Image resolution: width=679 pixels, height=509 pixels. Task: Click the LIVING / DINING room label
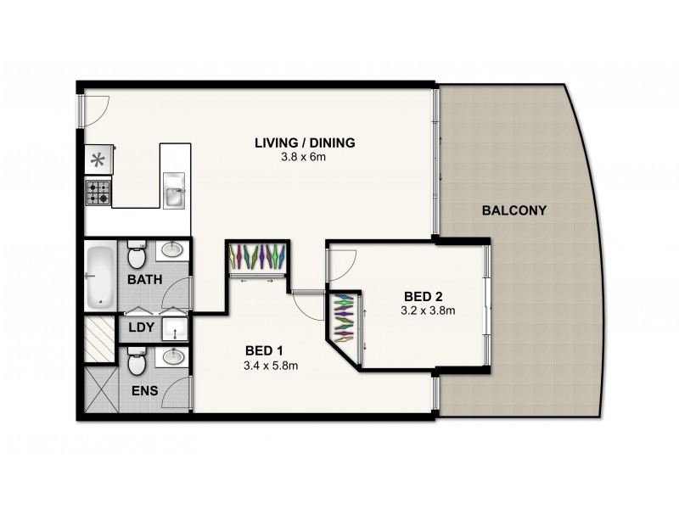point(304,142)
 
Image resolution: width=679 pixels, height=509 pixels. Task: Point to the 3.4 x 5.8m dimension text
point(270,366)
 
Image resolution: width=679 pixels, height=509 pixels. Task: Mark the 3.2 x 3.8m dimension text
point(428,310)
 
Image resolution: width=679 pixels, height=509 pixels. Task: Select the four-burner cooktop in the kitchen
point(97,193)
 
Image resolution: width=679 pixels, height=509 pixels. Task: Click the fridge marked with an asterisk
point(97,159)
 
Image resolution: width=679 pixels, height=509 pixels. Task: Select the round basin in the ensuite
point(174,355)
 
